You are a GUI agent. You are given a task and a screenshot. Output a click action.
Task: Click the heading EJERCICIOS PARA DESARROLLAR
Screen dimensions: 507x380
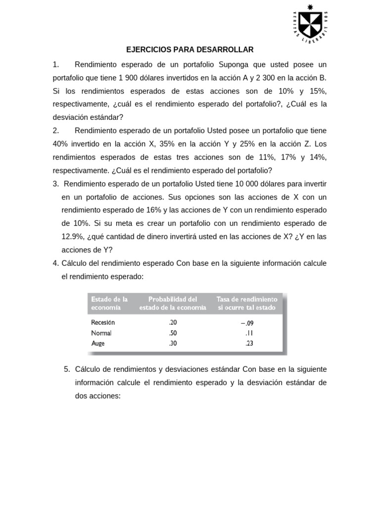(x=190, y=50)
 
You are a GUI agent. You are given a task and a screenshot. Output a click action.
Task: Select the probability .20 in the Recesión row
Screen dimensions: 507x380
(x=172, y=322)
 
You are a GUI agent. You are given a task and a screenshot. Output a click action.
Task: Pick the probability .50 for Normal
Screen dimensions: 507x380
(x=172, y=333)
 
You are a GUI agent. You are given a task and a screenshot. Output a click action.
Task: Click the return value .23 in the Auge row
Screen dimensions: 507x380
(x=248, y=343)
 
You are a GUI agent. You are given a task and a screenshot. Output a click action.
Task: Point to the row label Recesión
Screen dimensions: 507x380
(x=103, y=322)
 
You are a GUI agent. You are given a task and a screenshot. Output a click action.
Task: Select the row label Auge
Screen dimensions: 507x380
(x=98, y=343)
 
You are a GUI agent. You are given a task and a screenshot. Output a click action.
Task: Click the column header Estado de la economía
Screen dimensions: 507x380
(x=108, y=303)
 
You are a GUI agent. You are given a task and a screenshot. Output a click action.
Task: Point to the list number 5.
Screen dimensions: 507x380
(x=67, y=369)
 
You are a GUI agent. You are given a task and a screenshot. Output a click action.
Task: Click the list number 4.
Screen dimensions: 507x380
(x=55, y=263)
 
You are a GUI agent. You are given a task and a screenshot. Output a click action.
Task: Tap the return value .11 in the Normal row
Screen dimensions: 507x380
(x=248, y=333)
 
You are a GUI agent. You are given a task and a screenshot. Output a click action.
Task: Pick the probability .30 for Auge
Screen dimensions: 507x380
(x=172, y=343)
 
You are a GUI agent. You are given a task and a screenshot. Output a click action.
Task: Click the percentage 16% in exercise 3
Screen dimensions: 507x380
(x=147, y=210)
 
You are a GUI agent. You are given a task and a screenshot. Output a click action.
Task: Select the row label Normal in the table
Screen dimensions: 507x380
(x=101, y=333)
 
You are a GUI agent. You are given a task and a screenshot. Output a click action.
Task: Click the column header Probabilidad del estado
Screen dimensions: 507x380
(x=172, y=303)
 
